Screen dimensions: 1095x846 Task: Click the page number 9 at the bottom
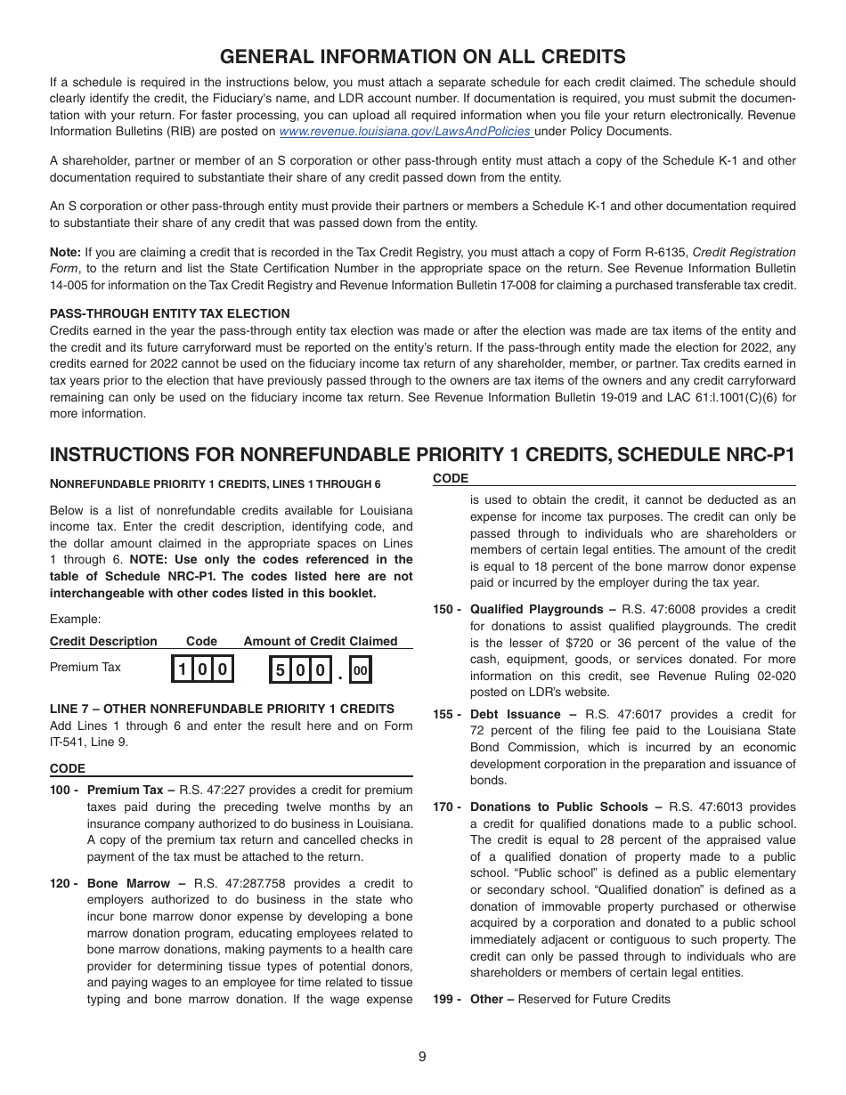422,1057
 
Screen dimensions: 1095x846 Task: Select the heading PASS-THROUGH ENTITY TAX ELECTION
169,313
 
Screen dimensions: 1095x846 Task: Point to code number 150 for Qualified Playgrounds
447,609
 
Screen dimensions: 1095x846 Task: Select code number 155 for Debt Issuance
447,714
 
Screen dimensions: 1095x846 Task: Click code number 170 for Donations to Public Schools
447,807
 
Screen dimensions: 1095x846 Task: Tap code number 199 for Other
447,999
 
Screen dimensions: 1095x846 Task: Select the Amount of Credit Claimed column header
321,641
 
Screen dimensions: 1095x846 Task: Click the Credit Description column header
103,641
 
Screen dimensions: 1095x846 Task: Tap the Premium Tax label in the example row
85,668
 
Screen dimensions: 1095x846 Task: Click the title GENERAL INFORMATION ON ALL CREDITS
422,57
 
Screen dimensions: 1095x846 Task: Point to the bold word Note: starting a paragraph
65,252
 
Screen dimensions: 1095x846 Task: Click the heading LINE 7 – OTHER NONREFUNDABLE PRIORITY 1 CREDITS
222,709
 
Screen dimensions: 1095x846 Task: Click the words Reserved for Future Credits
594,999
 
